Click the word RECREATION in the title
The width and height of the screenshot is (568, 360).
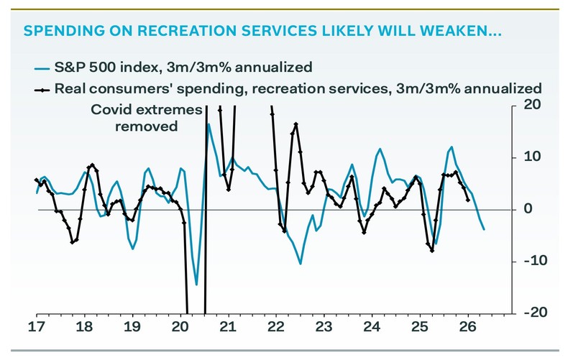pos(161,32)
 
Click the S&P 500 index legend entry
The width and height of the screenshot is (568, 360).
pos(184,68)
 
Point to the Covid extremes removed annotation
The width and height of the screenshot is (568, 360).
pos(134,118)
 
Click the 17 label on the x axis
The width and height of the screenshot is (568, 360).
pos(37,327)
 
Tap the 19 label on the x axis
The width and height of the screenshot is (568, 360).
pos(132,327)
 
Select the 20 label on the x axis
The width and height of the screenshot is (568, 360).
pos(180,327)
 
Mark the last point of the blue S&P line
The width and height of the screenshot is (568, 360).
pos(484,229)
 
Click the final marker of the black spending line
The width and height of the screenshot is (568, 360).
pos(468,200)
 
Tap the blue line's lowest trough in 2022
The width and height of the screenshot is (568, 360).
pos(300,264)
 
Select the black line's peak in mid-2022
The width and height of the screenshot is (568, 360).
pos(296,124)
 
